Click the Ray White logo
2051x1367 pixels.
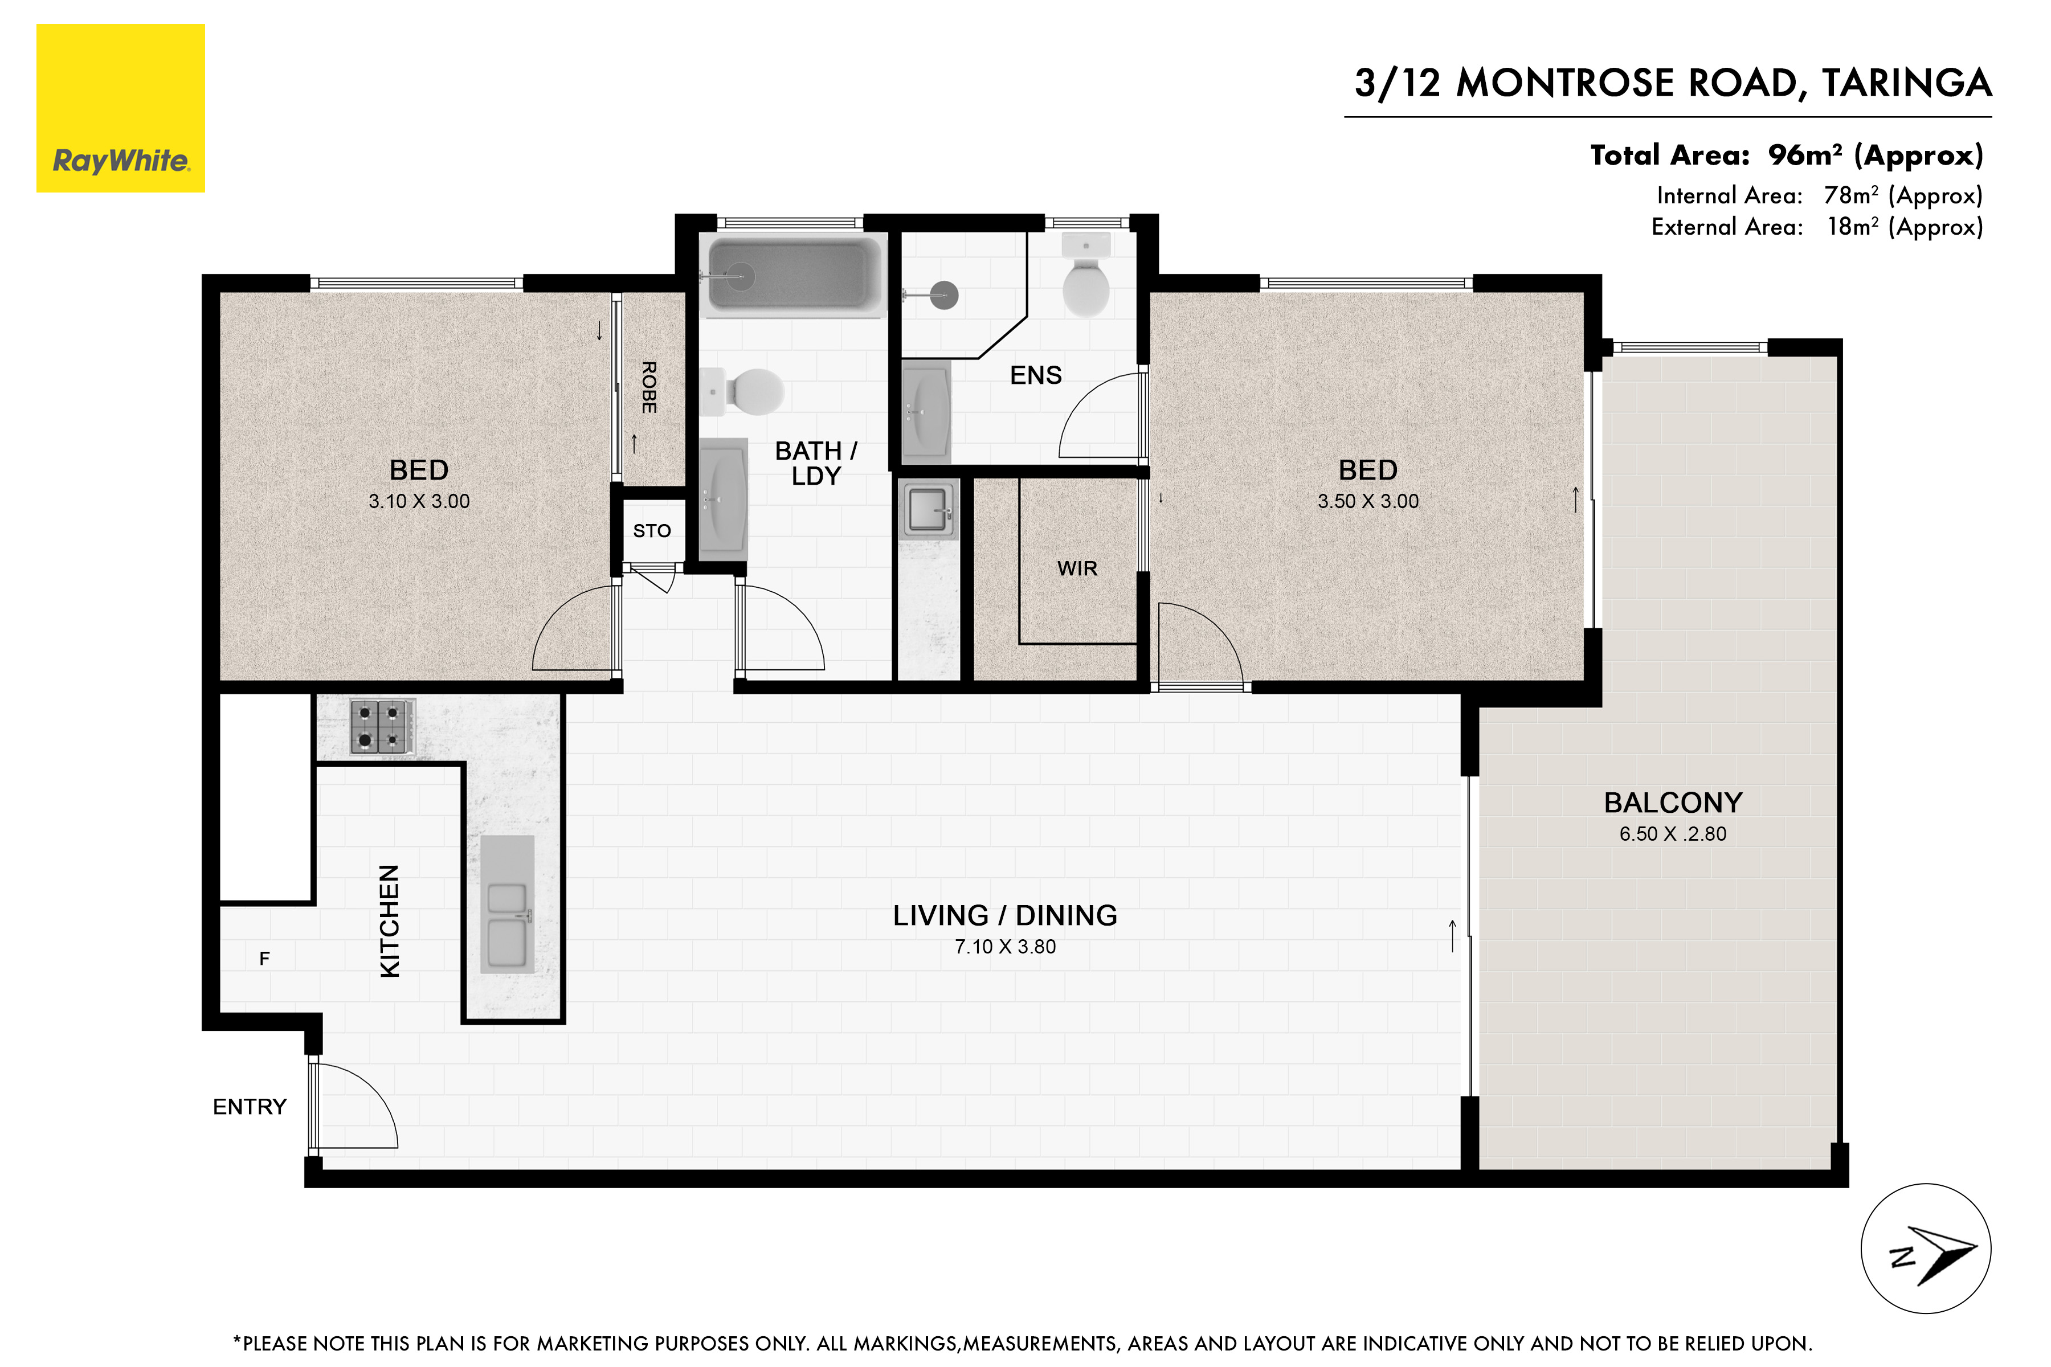click(x=120, y=108)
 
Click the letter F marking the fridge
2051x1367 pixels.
click(x=264, y=959)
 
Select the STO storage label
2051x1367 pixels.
click(x=652, y=531)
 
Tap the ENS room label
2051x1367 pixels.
click(x=1036, y=375)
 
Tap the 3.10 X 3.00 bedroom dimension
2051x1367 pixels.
click(x=419, y=501)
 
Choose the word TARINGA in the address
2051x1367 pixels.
click(x=1906, y=84)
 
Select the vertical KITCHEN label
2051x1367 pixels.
click(x=390, y=920)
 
